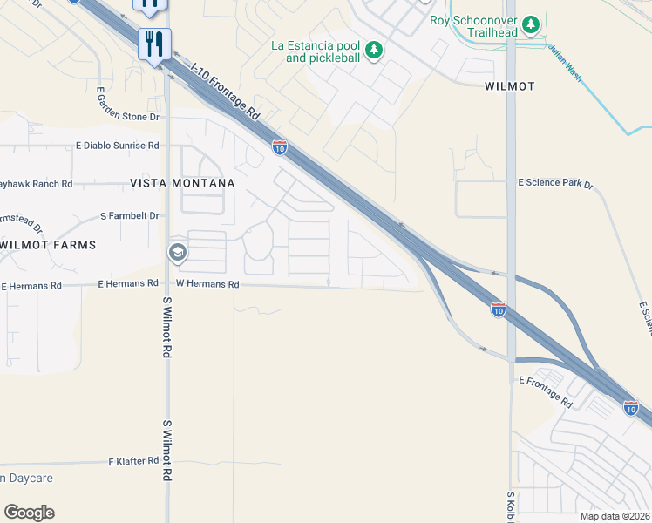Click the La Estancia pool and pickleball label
[x=315, y=51]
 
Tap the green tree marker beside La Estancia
[x=374, y=50]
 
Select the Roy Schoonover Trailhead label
[x=473, y=26]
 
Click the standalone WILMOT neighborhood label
[x=509, y=86]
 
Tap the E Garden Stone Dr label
[x=128, y=116]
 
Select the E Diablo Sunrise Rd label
[x=118, y=146]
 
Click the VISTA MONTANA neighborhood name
[x=182, y=183]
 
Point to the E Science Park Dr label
[x=555, y=184]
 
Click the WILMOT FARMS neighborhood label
[x=49, y=245]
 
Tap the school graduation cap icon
[x=177, y=253]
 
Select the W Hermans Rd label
[x=207, y=284]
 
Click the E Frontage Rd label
[x=545, y=392]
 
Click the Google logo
[x=29, y=513]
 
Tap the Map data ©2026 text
[x=615, y=516]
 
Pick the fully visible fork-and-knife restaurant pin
[x=154, y=44]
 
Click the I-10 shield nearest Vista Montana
[x=279, y=148]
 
